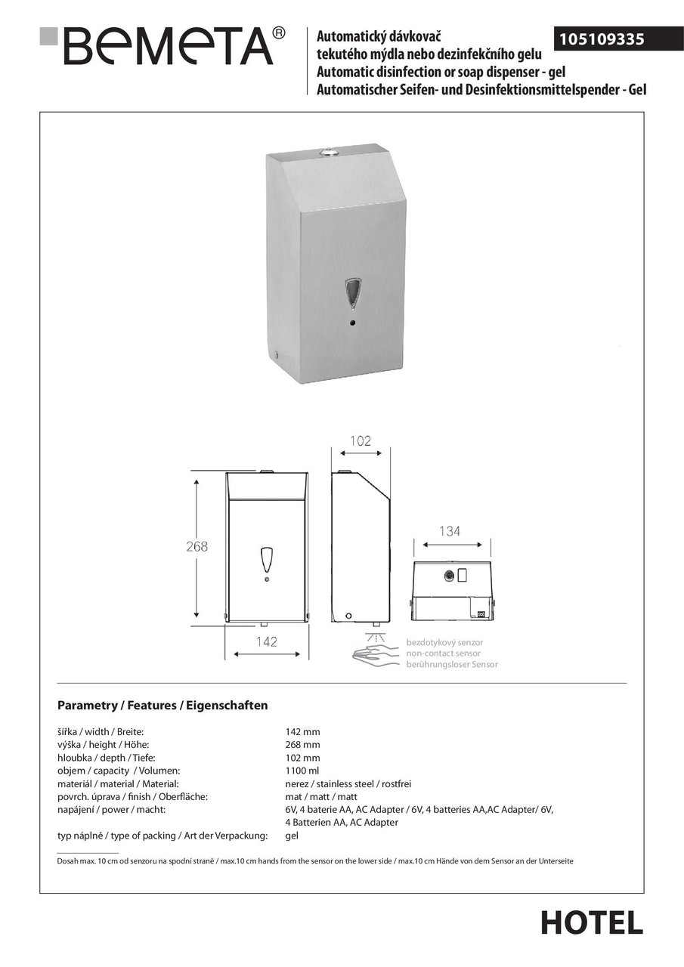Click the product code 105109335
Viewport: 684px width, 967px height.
602,39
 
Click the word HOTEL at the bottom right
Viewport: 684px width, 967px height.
592,922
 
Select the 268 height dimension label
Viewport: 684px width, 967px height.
197,547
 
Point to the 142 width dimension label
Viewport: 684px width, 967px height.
266,642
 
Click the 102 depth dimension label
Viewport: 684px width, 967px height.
361,441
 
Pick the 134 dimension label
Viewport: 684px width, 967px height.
449,531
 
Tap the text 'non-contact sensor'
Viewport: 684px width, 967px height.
443,653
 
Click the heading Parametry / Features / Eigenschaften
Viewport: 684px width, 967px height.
162,706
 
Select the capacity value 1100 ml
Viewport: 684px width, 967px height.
302,771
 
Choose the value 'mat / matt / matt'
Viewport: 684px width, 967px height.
321,796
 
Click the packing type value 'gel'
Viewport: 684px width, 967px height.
292,836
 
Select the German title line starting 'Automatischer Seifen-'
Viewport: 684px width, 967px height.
481,89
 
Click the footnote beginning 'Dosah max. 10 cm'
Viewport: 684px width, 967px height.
315,861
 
